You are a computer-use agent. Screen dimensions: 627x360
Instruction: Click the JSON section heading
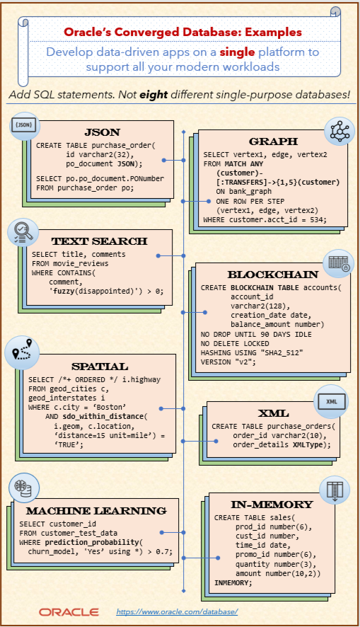click(x=102, y=132)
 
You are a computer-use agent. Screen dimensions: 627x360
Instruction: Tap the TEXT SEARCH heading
click(x=99, y=241)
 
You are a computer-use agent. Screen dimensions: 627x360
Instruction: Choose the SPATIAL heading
click(x=99, y=366)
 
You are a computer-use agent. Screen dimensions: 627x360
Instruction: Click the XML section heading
click(x=273, y=413)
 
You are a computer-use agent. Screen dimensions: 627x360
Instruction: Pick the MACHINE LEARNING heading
click(x=96, y=510)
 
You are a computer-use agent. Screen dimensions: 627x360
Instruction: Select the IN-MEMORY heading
click(x=272, y=504)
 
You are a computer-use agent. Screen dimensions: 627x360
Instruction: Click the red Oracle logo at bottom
click(x=69, y=611)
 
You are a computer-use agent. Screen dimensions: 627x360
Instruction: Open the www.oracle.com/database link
click(x=177, y=610)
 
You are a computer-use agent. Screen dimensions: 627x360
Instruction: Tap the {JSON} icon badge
click(x=23, y=126)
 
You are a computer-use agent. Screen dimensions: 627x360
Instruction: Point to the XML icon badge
click(x=332, y=401)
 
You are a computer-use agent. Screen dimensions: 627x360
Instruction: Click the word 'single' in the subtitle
click(x=237, y=52)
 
